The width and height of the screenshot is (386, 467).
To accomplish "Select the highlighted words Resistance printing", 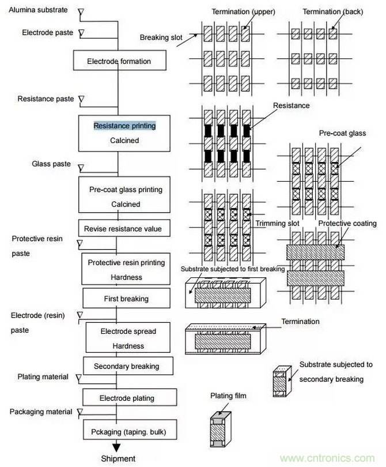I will click(x=124, y=125).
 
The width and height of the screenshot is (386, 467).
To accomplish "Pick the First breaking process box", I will click(x=126, y=299).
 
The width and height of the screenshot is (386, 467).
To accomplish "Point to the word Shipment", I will click(x=118, y=459).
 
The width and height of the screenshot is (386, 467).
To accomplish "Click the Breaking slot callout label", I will click(x=161, y=37).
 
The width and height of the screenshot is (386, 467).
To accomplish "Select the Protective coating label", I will click(x=347, y=223).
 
